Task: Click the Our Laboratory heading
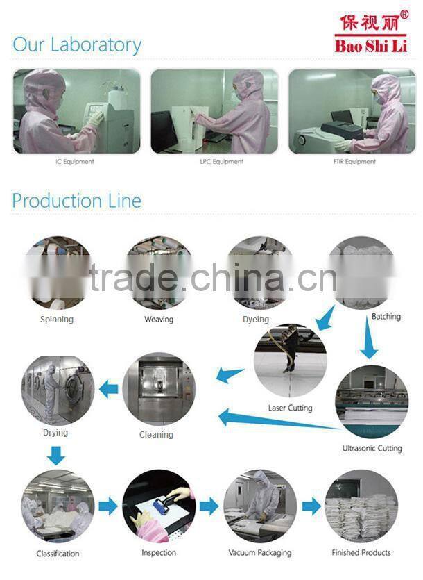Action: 77,45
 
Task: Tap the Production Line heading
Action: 77,201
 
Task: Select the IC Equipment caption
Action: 75,162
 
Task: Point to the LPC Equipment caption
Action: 215,162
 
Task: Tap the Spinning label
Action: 57,320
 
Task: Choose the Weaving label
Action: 159,320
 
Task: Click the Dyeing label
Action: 256,320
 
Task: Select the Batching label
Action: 386,317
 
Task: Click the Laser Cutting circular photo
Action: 290,361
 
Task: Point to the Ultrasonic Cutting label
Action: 372,449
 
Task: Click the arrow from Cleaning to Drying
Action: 109,389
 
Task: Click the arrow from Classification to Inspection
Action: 108,506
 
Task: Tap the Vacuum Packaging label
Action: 260,553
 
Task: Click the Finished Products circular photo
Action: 361,506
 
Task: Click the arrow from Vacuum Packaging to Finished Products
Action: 311,506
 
